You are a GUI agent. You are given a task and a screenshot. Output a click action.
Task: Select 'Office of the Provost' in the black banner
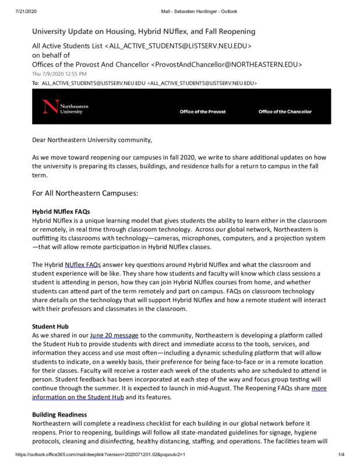click(202, 112)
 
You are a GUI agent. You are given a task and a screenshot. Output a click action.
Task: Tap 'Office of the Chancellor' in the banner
click(285, 112)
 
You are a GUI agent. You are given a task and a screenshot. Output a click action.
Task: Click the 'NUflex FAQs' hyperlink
click(83, 264)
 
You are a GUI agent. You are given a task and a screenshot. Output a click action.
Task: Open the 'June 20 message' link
click(114, 336)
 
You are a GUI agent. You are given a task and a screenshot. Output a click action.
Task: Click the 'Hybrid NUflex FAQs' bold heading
click(61, 211)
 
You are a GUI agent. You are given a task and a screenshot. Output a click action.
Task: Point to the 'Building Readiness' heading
click(59, 414)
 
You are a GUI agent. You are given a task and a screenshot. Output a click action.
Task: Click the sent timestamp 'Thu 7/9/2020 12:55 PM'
click(59, 74)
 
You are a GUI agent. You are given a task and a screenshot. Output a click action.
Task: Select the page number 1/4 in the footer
click(342, 454)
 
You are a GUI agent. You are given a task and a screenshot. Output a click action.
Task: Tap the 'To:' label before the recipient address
click(36, 83)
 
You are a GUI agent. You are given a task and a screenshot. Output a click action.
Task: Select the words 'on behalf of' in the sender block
click(51, 55)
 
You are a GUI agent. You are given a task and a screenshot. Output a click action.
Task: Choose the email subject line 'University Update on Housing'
click(143, 31)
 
